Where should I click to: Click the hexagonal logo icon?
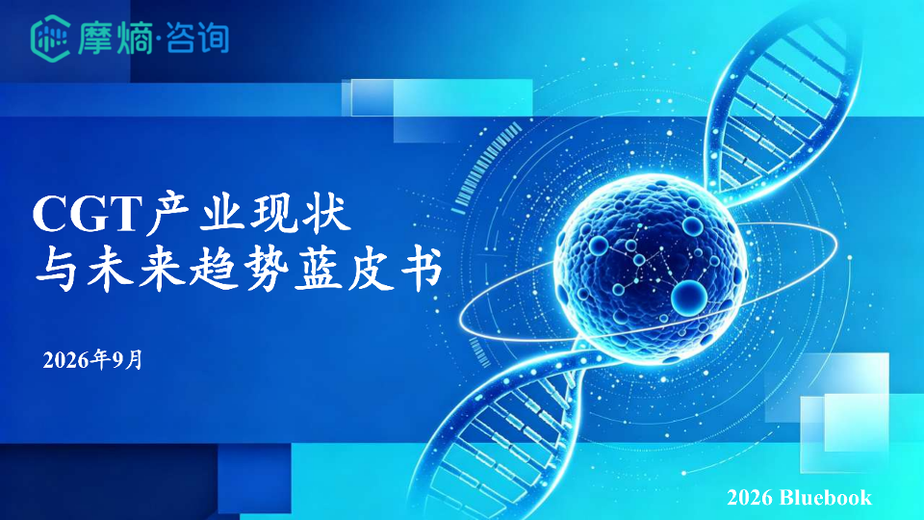pos(51,39)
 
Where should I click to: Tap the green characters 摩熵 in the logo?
pos(115,39)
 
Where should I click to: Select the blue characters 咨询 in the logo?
pos(196,39)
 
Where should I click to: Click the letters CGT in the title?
pos(88,214)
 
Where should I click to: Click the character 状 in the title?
pos(327,212)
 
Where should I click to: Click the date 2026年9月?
pos(92,359)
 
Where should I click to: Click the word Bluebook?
pos(825,498)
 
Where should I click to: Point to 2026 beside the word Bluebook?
pos(750,498)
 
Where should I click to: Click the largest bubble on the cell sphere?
pos(689,296)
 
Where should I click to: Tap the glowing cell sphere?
pos(650,269)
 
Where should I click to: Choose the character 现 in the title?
pos(274,212)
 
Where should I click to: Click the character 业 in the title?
pos(221,212)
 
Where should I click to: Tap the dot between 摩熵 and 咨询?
pos(159,40)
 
